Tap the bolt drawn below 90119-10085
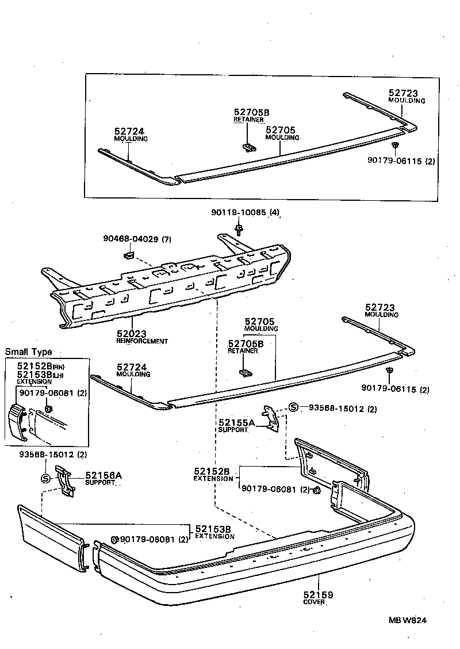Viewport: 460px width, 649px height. tap(238, 230)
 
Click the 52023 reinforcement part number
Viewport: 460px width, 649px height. tap(131, 334)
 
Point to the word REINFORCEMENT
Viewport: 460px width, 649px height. tap(142, 341)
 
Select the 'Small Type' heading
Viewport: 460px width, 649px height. tap(28, 352)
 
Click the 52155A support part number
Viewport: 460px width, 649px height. tap(236, 422)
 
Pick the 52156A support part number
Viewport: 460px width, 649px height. tap(103, 475)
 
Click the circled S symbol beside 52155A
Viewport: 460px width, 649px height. tap(293, 408)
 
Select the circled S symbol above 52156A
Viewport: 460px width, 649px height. tap(45, 478)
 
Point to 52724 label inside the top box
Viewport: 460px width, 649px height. tap(130, 132)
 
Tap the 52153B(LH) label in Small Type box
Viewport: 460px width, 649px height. tap(34, 375)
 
